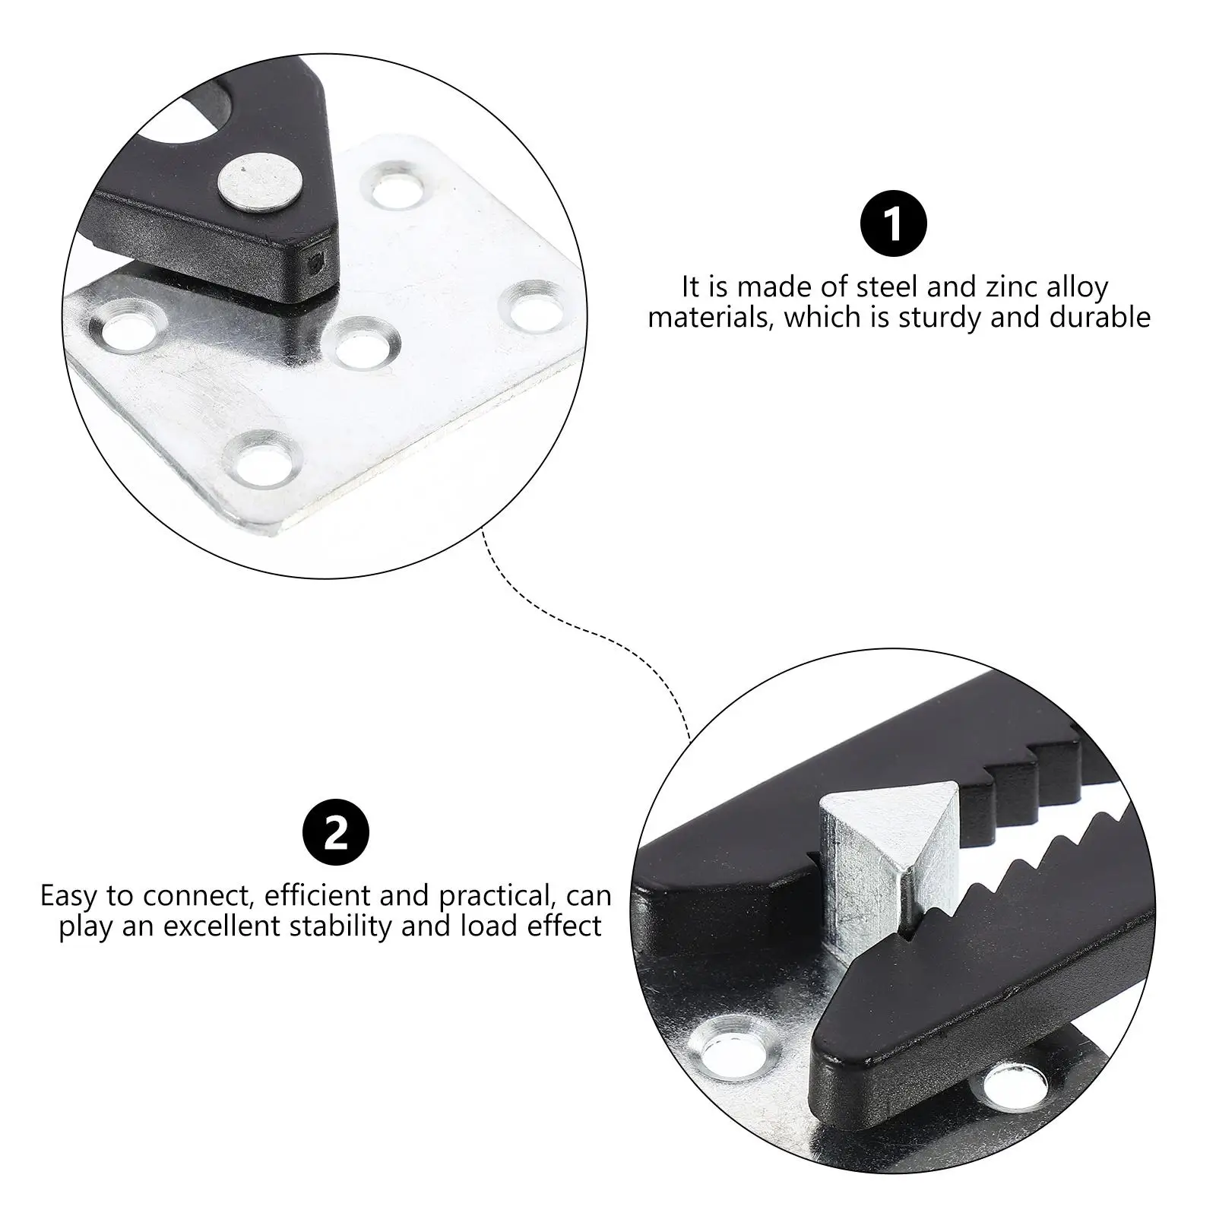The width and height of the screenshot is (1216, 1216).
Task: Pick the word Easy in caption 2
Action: pos(69,896)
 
